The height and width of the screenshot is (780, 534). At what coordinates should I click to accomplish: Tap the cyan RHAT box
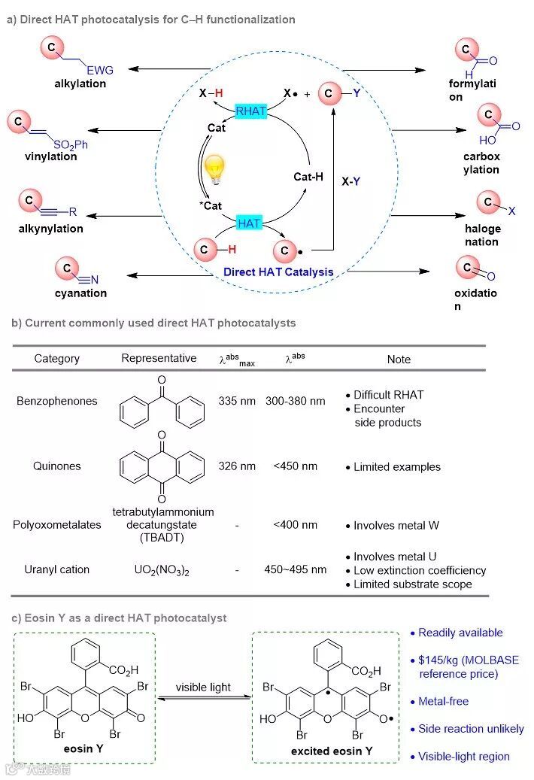coord(251,111)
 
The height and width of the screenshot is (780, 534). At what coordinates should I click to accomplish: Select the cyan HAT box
coord(249,223)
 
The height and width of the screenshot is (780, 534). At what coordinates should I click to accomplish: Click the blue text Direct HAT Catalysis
coord(278,272)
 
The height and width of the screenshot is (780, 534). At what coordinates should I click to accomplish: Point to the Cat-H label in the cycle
coord(308,177)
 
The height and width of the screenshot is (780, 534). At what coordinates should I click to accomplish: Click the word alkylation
coord(80,83)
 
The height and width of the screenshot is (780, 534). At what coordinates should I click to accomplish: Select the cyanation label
coord(80,293)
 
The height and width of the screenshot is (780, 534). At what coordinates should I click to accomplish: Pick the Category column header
coord(56,359)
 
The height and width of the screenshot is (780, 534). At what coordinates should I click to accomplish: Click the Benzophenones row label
coord(57,401)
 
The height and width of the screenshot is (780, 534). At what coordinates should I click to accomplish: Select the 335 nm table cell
coord(237,401)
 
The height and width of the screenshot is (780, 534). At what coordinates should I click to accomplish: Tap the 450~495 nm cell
coord(296,569)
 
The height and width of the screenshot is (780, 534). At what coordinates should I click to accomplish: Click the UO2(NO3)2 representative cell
coord(159,570)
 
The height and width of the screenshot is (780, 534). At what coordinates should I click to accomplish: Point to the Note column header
coord(399,360)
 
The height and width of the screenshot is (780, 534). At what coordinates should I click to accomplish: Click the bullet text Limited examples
coord(397,467)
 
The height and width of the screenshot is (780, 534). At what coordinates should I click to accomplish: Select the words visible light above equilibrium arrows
coord(203,687)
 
